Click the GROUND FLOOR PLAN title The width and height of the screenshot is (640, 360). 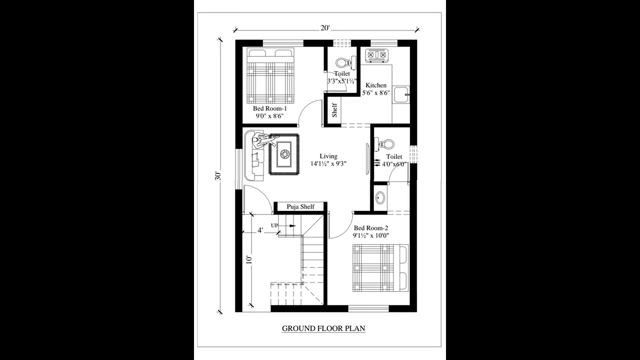tap(323, 328)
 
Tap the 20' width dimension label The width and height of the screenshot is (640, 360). tap(325, 28)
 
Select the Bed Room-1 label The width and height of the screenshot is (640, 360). tap(269, 108)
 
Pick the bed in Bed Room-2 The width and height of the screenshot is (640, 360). tap(380, 267)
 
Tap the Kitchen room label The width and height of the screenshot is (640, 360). tap(375, 85)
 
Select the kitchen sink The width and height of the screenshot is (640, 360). tap(401, 94)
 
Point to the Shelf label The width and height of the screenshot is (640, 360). tap(334, 110)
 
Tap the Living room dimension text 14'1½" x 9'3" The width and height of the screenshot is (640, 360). tap(328, 163)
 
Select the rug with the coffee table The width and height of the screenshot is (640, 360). tap(284, 154)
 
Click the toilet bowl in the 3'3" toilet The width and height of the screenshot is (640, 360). tap(343, 63)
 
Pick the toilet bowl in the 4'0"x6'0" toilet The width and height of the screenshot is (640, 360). tap(386, 144)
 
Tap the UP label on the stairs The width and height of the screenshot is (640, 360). tap(274, 225)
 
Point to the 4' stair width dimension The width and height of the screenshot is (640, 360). tap(260, 230)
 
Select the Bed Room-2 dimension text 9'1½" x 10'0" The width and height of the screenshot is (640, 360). tap(371, 235)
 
